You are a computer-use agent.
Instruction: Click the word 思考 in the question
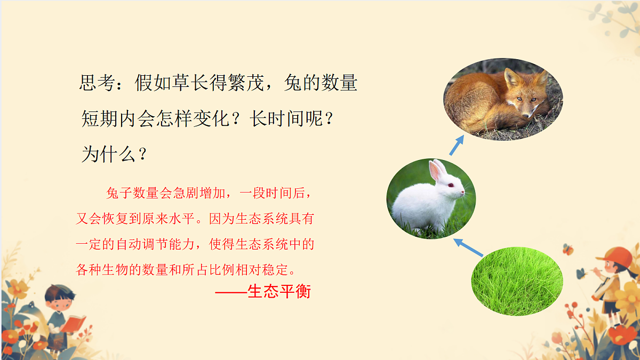click(x=97, y=84)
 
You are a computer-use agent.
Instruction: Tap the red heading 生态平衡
click(x=279, y=292)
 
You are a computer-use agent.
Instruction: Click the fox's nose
click(x=527, y=114)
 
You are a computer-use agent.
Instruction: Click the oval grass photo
click(x=517, y=280)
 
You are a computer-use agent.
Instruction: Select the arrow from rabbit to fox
click(x=457, y=145)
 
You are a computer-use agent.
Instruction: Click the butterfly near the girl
click(x=568, y=249)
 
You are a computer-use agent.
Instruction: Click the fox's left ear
click(x=511, y=77)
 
